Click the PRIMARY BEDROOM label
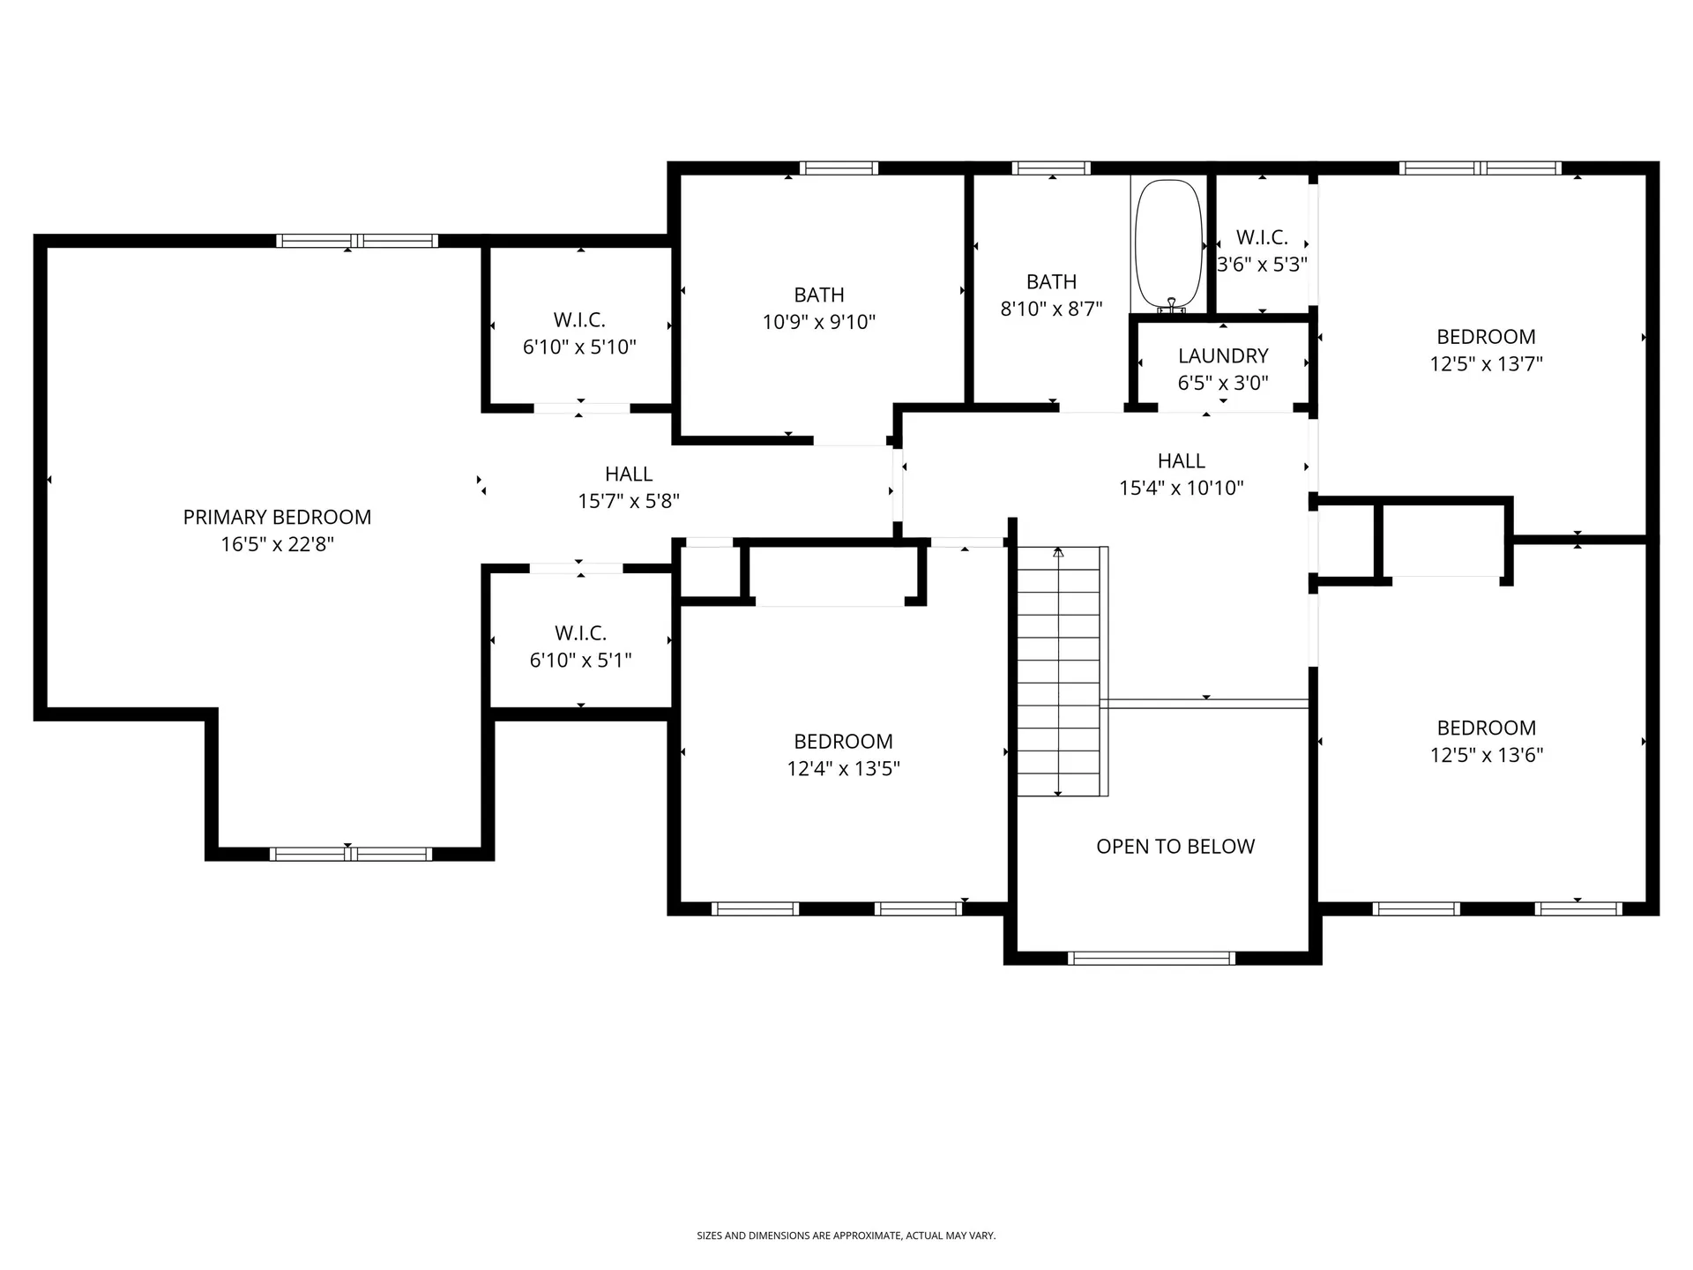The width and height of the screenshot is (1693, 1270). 277,517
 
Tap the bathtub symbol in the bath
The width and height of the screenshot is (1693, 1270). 1169,244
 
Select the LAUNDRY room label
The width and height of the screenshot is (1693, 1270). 1223,355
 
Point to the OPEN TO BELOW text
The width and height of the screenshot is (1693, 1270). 1175,847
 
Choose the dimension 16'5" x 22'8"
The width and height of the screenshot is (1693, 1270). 277,544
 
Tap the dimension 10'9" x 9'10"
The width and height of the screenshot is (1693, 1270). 819,322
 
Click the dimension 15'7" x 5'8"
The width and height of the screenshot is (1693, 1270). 629,501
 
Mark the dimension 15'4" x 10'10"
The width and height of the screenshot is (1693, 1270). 1182,488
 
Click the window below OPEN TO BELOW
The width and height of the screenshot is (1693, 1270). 1152,959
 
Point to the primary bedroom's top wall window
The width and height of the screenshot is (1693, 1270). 357,241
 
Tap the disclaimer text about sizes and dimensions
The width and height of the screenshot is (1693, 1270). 846,1236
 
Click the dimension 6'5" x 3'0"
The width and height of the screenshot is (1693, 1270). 1223,383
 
